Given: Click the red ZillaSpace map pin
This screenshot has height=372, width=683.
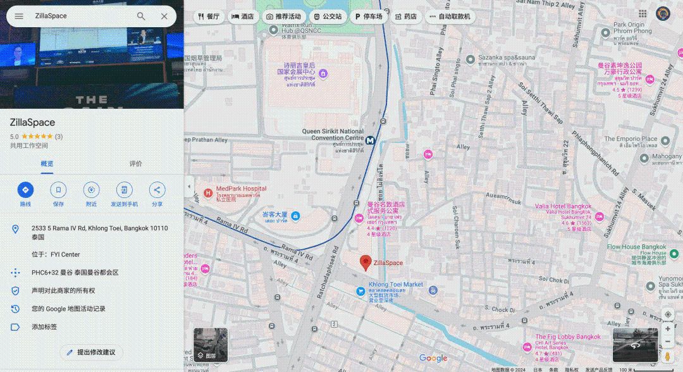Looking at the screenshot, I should [366, 262].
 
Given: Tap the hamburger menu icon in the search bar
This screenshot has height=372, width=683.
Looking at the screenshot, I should [19, 16].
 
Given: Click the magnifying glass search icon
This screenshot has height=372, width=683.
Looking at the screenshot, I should [141, 16].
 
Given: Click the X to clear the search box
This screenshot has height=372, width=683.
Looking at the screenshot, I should [164, 16].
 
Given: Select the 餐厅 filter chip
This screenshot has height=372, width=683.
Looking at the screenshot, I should [208, 16].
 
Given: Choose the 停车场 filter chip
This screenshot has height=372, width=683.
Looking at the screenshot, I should [369, 16].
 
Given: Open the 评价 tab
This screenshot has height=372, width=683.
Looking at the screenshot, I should [135, 164].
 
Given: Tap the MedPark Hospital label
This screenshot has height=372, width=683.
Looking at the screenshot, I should [241, 189].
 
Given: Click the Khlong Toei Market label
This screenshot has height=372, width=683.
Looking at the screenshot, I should [395, 285].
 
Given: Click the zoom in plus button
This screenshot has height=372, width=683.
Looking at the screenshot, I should [668, 329].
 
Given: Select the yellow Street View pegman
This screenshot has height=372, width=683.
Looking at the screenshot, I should [668, 358].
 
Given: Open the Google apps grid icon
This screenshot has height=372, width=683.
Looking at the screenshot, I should [643, 14].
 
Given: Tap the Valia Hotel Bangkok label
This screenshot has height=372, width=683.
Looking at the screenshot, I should [563, 207].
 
